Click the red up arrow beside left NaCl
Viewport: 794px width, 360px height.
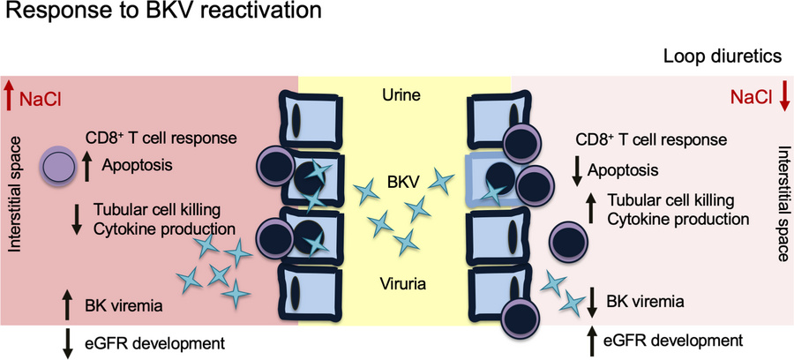(10, 92)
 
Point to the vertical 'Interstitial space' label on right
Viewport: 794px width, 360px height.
(781, 204)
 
